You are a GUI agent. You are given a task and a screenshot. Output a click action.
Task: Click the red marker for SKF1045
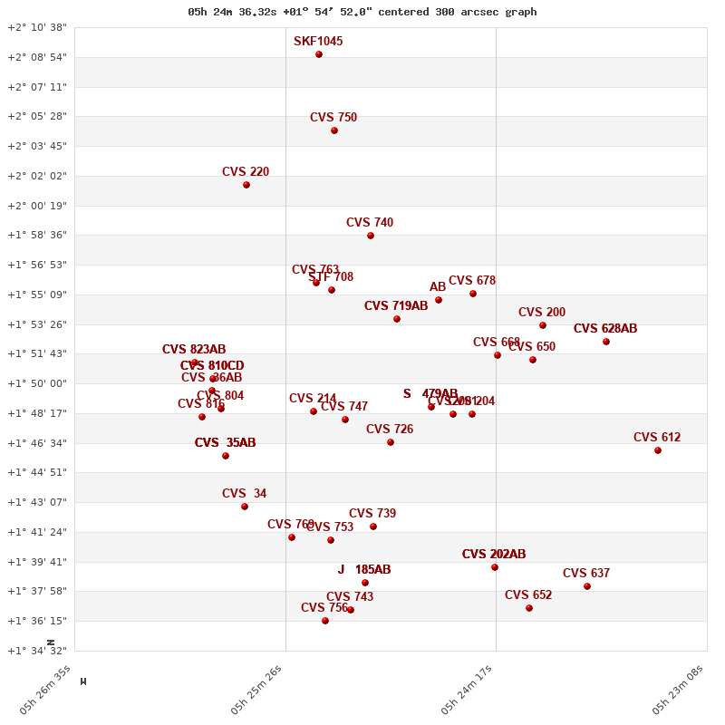coord(319,54)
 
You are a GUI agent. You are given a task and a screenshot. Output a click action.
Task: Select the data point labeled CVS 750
coord(334,130)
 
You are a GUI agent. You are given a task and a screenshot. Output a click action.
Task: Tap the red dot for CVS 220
coord(246,185)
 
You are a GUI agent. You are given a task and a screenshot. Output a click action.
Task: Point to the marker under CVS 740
coord(371,236)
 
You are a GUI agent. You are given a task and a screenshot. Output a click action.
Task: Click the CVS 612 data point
coord(658,450)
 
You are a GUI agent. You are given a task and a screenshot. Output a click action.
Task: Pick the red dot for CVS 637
coord(587,586)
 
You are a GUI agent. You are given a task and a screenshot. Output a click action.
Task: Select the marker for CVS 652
coord(529,608)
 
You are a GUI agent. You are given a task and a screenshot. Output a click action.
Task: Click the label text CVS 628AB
coord(605,329)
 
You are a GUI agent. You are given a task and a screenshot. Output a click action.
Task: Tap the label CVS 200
coord(542,313)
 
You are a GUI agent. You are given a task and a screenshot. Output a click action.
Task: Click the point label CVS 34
coord(245,494)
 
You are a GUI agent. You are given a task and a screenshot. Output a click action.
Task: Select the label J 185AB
coord(364,570)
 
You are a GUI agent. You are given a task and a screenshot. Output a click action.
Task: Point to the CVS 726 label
coord(390,430)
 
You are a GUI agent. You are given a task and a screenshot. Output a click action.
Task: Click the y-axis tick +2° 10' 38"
coord(37,27)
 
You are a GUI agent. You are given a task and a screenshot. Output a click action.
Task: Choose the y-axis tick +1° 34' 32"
coord(37,651)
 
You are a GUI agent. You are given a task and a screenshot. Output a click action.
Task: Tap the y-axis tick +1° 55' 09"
coord(37,295)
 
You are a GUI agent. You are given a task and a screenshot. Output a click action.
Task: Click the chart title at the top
coord(362,12)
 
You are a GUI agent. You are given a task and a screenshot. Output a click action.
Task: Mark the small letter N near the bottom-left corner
coord(51,643)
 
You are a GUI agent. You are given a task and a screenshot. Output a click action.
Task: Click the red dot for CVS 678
coord(473,294)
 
